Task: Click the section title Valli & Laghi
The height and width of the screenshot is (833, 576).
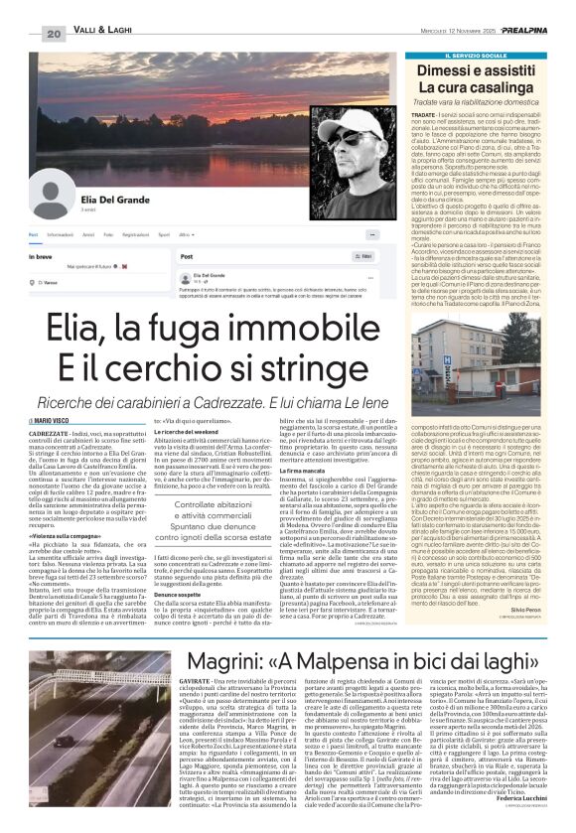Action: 105,34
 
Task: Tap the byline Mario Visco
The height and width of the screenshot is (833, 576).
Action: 68,421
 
